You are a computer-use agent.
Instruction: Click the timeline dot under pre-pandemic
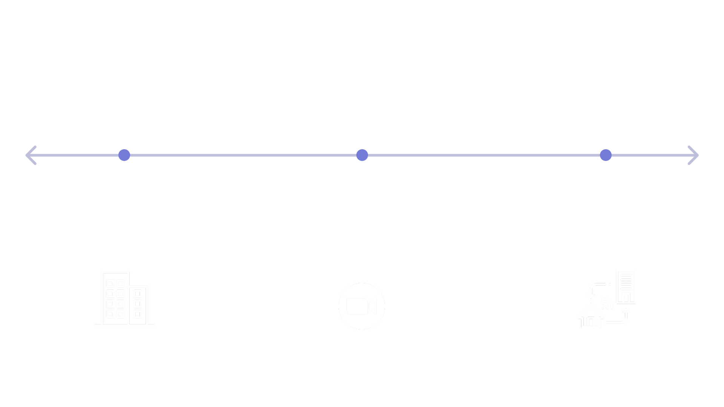[124, 155]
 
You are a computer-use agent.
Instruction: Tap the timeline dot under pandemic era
[362, 155]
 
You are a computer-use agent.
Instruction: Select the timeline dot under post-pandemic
[606, 155]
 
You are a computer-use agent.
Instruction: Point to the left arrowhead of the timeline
[30, 155]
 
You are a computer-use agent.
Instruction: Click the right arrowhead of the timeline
[694, 155]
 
